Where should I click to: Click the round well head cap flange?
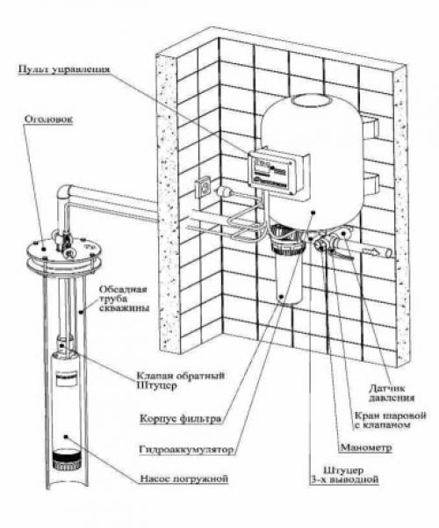coord(59,255)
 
